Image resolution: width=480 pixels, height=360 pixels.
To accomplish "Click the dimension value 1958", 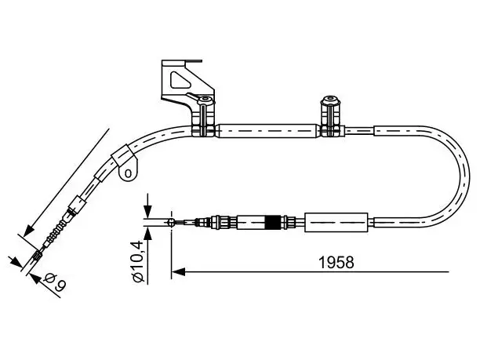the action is click(336, 262).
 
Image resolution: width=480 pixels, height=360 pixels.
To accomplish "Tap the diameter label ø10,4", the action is click(137, 262).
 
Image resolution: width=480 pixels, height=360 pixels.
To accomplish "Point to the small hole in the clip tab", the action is click(129, 173).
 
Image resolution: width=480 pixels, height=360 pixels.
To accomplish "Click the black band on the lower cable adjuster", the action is click(272, 223).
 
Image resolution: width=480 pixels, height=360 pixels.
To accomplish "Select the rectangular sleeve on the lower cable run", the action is click(336, 222).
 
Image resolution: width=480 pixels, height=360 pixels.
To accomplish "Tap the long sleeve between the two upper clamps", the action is click(267, 131).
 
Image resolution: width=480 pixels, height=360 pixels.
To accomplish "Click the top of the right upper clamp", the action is click(330, 100).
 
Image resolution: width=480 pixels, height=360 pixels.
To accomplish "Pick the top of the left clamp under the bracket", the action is click(205, 100).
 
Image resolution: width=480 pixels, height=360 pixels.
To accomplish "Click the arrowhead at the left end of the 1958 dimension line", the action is click(178, 271).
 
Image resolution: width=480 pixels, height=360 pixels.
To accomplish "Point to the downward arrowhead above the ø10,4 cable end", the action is click(147, 211).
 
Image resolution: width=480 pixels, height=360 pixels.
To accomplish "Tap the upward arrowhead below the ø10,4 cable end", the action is click(147, 235).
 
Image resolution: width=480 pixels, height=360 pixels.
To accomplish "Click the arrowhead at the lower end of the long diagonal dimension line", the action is click(28, 231).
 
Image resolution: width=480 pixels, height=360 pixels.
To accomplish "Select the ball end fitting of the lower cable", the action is click(172, 222).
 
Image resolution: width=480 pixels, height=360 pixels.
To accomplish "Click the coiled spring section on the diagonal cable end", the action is click(56, 229).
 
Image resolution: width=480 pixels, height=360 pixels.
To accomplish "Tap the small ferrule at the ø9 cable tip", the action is click(38, 255).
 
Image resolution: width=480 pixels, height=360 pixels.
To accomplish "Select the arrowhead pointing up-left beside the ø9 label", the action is click(35, 278).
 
